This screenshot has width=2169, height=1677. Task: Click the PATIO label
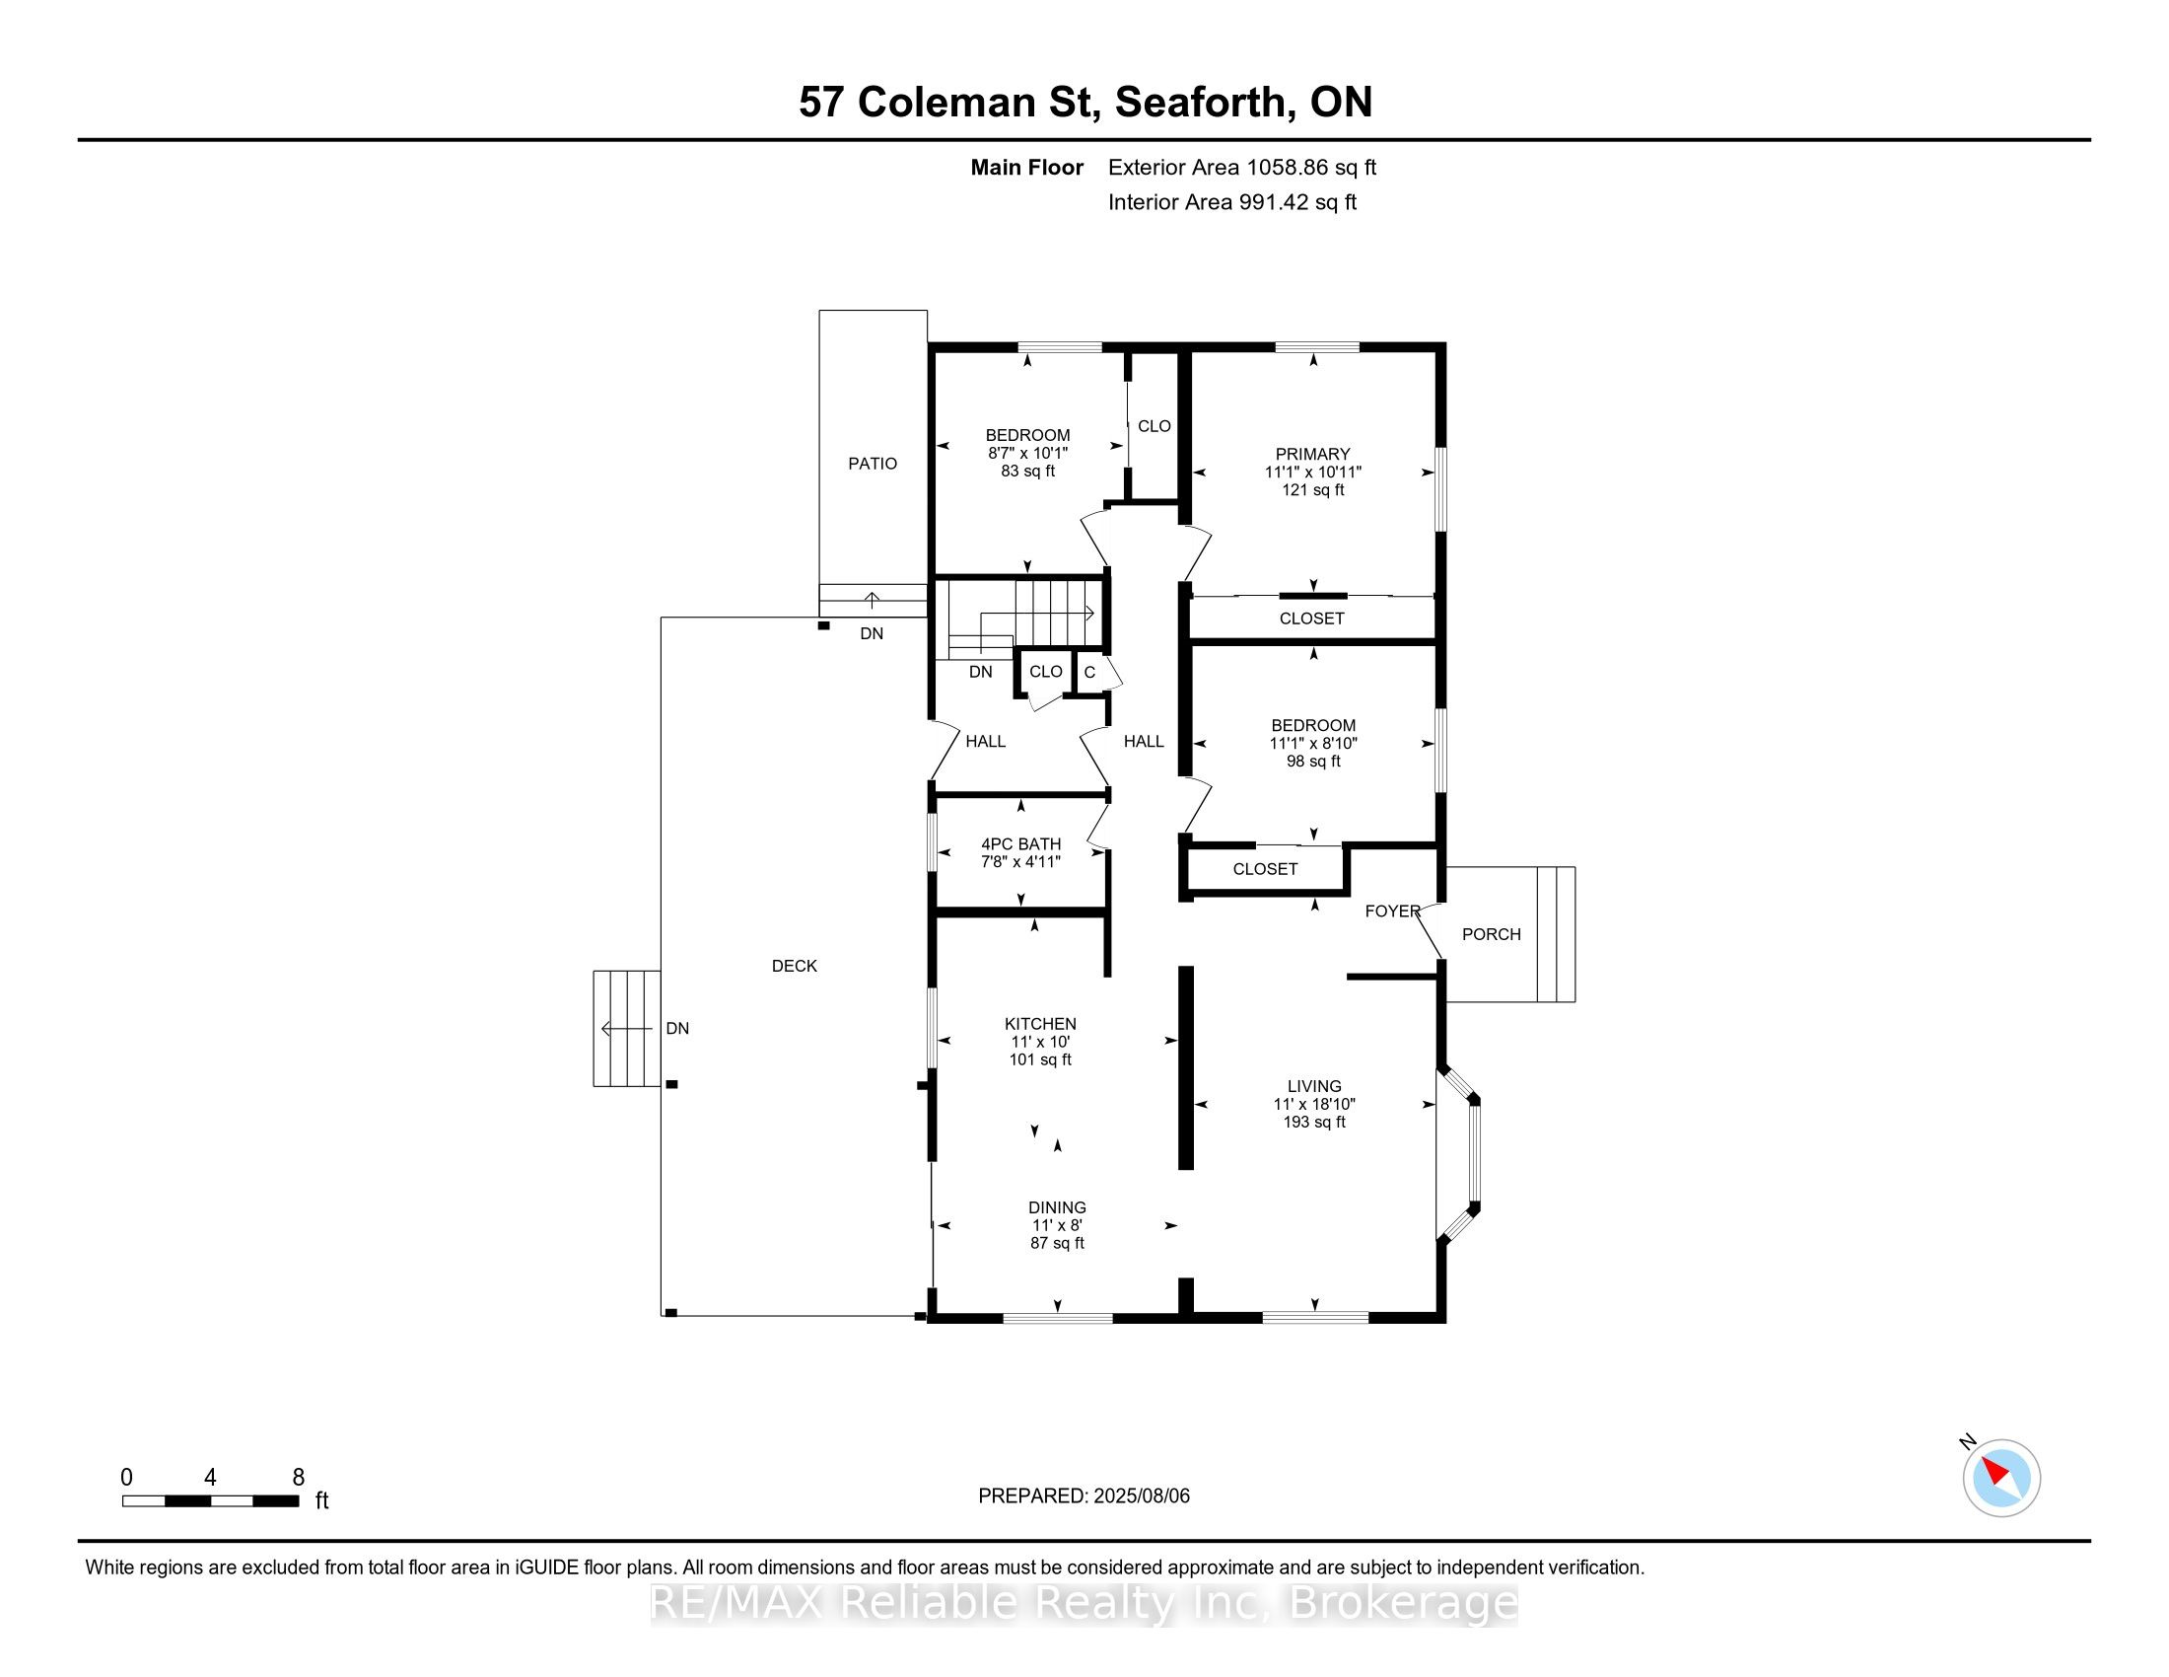point(872,463)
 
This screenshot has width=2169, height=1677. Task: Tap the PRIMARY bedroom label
point(1313,454)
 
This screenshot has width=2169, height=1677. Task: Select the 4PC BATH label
point(1021,843)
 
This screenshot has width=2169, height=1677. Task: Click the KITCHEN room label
point(1040,1023)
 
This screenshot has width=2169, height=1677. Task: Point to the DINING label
point(1057,1207)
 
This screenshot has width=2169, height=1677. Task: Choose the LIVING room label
point(1314,1086)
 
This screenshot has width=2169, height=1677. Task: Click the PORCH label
point(1491,934)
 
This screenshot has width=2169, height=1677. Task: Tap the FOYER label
point(1392,911)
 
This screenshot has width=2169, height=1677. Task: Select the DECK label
point(795,966)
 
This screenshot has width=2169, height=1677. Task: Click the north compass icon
point(2001,1478)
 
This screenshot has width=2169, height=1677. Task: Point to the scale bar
point(211,1501)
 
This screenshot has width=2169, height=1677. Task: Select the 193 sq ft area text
point(1314,1122)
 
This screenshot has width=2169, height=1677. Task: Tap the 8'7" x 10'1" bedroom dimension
point(1028,453)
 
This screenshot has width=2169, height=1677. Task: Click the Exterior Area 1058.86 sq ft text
point(1242,167)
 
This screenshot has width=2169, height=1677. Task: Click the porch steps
point(1556,934)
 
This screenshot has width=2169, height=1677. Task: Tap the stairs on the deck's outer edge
point(627,1028)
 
